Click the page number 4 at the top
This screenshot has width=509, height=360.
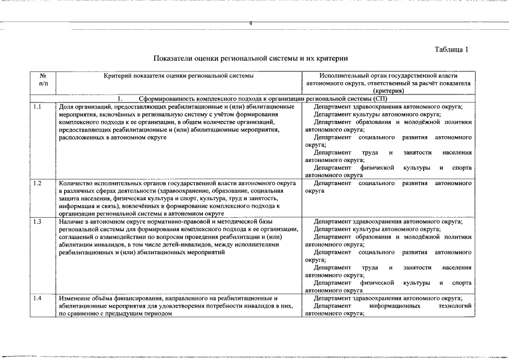point(251,23)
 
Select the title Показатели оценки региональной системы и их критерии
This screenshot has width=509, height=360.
point(251,58)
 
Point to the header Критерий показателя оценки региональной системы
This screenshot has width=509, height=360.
point(179,75)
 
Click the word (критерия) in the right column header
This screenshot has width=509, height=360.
point(388,91)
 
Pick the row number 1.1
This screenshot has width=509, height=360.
point(37,106)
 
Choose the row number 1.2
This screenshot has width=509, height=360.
point(37,183)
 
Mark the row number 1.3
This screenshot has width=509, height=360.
point(37,221)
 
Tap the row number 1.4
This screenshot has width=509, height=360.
point(37,298)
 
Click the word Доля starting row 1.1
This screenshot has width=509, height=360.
point(66,106)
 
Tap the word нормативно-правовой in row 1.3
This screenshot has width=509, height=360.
point(172,221)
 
